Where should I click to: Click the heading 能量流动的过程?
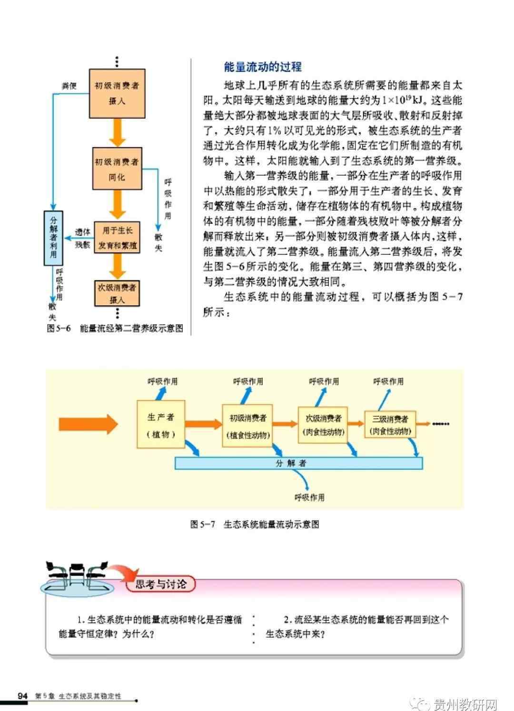click(263, 67)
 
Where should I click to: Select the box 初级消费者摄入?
click(117, 94)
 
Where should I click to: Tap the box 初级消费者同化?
click(117, 169)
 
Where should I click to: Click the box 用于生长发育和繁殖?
click(117, 238)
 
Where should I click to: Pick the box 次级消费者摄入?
click(117, 293)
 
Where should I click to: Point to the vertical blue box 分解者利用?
click(53, 238)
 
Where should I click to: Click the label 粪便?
click(69, 86)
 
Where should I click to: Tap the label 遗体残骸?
click(82, 238)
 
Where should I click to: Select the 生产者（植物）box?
click(161, 424)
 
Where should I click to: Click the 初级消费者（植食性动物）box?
click(247, 426)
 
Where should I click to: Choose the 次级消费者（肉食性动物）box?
click(323, 425)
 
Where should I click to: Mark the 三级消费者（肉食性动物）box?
click(390, 424)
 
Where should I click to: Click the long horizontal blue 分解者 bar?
click(298, 463)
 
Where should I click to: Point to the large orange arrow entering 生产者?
click(88, 424)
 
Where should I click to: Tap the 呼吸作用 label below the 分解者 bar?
click(309, 497)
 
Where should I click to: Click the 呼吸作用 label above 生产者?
click(162, 381)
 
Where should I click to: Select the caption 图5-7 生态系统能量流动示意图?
click(255, 524)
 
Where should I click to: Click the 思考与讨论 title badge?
click(160, 584)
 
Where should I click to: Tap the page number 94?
click(22, 696)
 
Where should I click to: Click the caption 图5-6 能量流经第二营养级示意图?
click(115, 328)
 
